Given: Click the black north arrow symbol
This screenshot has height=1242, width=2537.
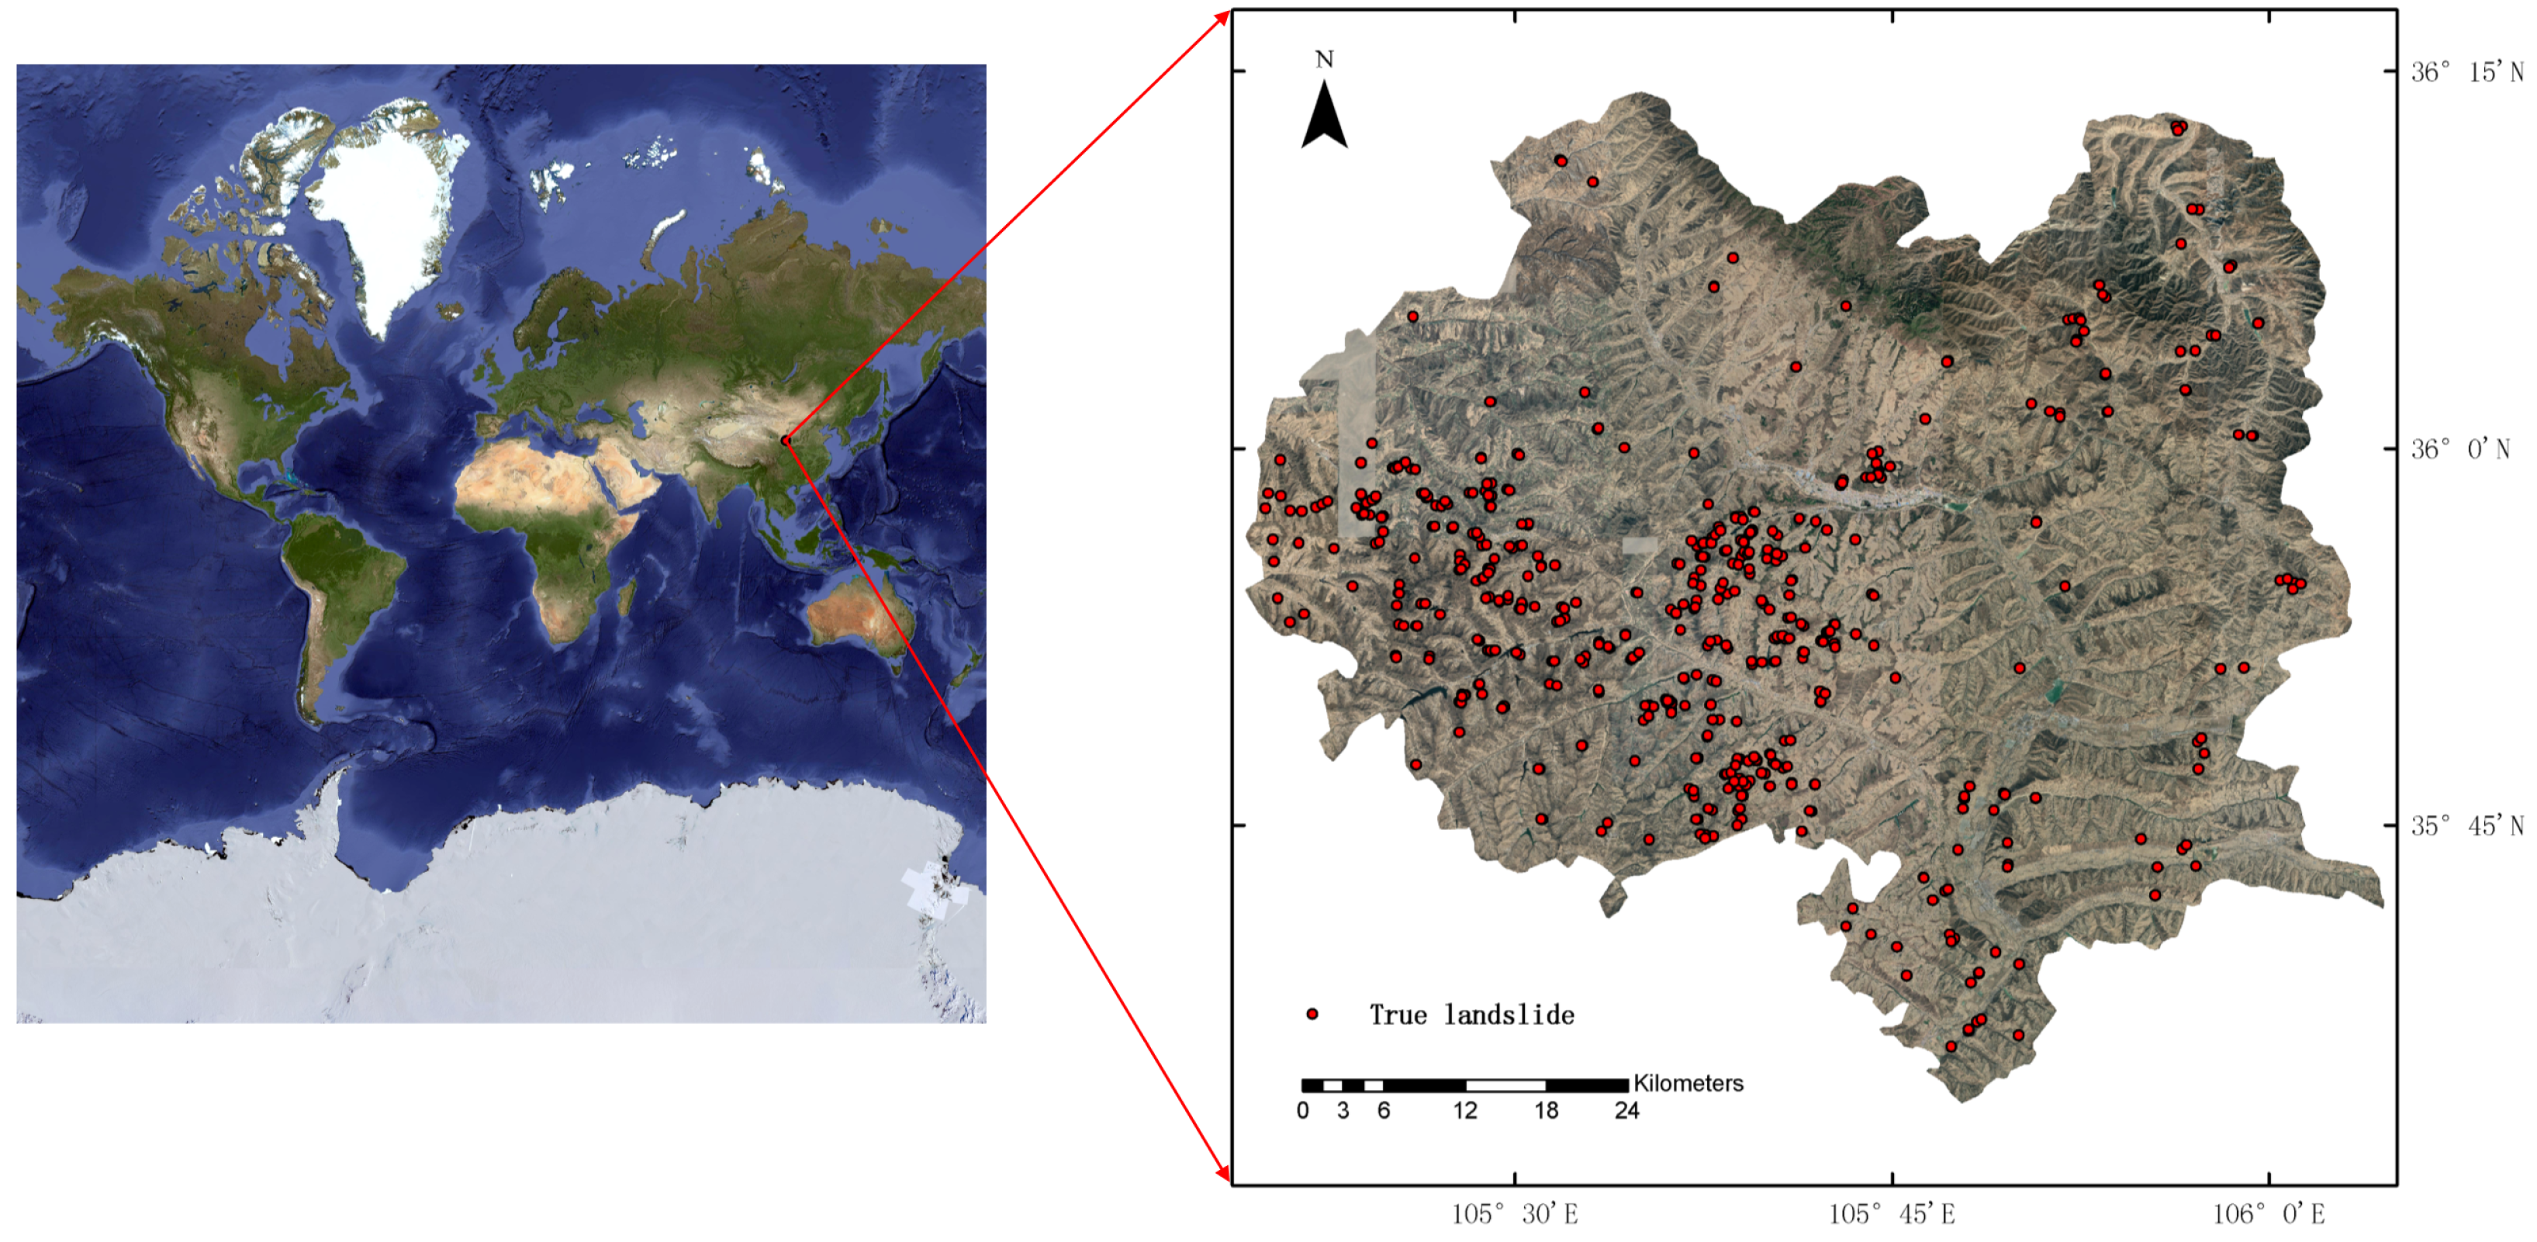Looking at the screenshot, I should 1324,117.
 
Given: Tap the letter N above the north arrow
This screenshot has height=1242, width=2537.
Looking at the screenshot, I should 1324,60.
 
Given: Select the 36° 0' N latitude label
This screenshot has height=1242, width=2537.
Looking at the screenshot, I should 2459,449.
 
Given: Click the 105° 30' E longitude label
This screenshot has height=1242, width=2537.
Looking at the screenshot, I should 1515,1214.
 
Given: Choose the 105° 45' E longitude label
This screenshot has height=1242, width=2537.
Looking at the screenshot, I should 1891,1214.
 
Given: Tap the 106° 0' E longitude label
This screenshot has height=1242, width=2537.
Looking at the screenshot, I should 2268,1214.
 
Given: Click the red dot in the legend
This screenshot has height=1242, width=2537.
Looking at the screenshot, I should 1312,1013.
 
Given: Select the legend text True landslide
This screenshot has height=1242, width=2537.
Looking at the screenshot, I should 1471,1015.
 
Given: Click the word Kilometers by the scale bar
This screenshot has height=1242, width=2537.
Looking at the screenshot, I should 1688,1084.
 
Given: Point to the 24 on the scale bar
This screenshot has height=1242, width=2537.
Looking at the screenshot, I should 1626,1111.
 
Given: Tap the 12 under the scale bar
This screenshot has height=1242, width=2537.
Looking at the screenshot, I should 1464,1111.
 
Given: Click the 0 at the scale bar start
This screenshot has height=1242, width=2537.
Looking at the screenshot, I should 1303,1111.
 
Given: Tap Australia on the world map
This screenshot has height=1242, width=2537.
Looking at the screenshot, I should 852,616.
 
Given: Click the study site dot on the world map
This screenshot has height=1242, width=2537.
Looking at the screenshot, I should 785,441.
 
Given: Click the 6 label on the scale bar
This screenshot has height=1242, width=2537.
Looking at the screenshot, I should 1384,1111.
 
